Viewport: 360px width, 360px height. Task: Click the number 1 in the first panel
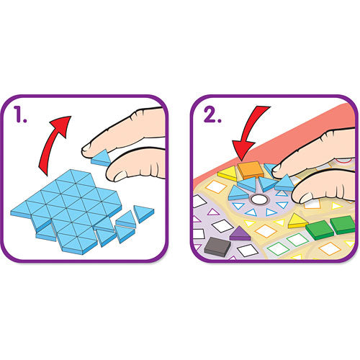19,114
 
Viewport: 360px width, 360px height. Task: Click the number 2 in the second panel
211,114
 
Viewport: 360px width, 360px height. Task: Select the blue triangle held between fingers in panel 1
102,158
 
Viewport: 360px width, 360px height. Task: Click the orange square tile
250,170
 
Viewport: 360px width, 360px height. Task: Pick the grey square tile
217,246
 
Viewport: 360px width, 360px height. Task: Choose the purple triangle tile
240,234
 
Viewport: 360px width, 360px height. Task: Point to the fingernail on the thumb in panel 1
120,176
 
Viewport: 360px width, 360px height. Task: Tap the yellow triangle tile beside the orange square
228,174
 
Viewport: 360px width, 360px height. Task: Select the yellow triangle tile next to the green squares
297,221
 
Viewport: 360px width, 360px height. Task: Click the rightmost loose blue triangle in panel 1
143,213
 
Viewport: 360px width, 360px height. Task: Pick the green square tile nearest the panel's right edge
343,225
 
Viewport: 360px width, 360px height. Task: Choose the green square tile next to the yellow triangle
319,230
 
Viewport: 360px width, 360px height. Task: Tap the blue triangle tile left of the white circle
238,194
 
